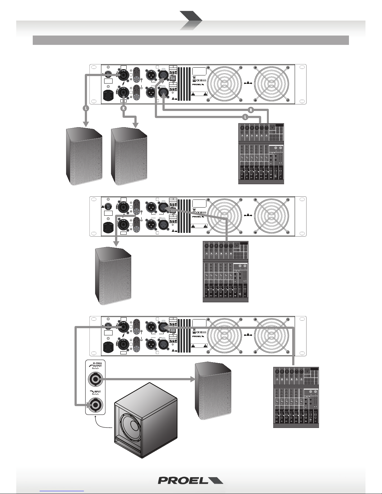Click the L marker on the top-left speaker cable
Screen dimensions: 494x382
[85, 109]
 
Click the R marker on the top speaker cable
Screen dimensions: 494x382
[124, 109]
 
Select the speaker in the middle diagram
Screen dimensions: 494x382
[113, 276]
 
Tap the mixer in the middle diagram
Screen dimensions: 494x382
[225, 271]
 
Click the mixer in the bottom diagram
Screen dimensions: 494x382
[296, 397]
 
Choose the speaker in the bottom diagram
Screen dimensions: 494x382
[213, 392]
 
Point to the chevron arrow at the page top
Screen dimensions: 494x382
[191, 21]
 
